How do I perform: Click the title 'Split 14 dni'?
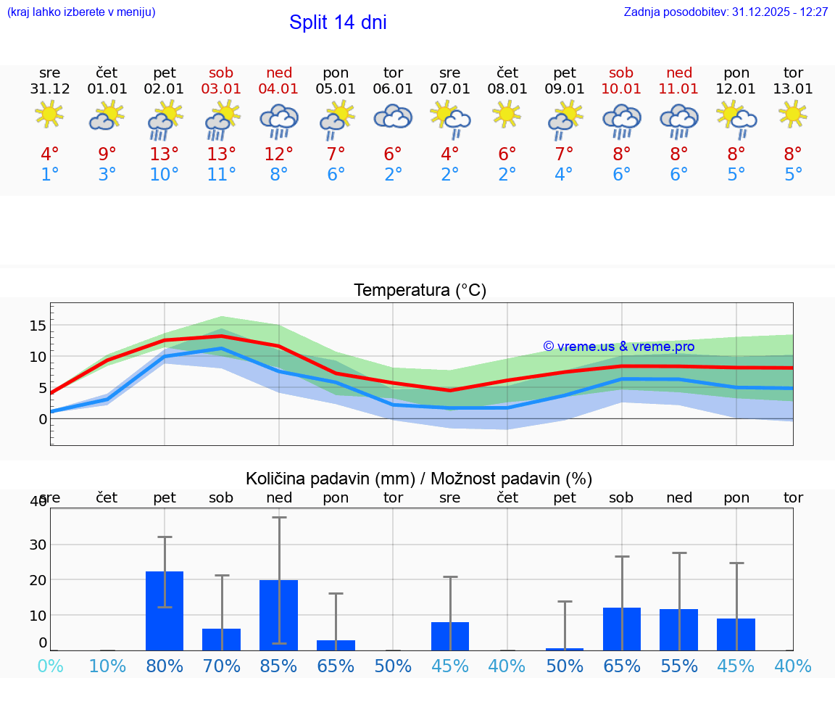click(x=338, y=22)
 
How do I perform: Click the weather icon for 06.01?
click(x=393, y=117)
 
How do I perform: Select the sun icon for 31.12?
click(x=49, y=114)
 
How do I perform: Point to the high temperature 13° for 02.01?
click(x=165, y=154)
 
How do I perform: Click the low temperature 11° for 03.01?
click(x=221, y=175)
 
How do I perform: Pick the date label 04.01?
click(x=278, y=89)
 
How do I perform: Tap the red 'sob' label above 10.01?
click(x=621, y=73)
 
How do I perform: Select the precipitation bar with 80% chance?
click(x=165, y=611)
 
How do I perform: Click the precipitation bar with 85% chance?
click(x=279, y=615)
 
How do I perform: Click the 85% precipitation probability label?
click(x=279, y=666)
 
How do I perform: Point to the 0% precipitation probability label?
click(x=50, y=666)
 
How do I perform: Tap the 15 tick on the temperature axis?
click(x=38, y=326)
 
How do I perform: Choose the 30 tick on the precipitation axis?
click(x=38, y=545)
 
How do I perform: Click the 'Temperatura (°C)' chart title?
click(x=420, y=291)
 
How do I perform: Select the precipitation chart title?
click(x=419, y=479)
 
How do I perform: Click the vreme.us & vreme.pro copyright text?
click(x=619, y=347)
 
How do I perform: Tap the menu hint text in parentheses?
click(x=81, y=12)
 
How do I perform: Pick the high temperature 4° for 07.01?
click(x=450, y=154)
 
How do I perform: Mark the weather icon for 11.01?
click(x=679, y=120)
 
